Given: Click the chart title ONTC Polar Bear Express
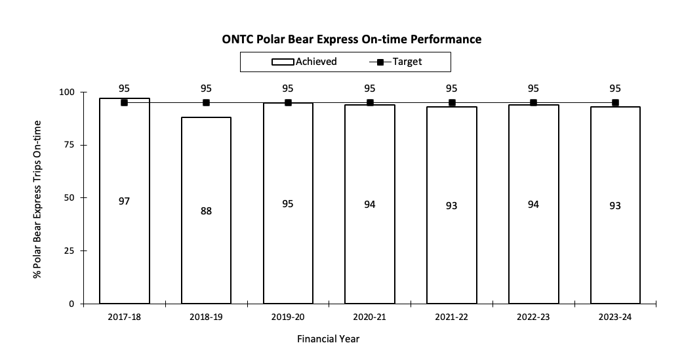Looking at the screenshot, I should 352,39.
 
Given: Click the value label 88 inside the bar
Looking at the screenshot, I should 206,211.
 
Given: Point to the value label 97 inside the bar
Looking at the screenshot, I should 124,201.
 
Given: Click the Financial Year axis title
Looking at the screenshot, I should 328,339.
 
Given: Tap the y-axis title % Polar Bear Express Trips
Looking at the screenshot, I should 37,199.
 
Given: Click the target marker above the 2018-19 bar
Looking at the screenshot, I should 206,102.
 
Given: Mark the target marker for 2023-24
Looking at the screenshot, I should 615,102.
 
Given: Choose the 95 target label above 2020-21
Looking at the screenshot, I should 370,89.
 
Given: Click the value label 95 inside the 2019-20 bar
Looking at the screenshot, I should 288,204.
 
